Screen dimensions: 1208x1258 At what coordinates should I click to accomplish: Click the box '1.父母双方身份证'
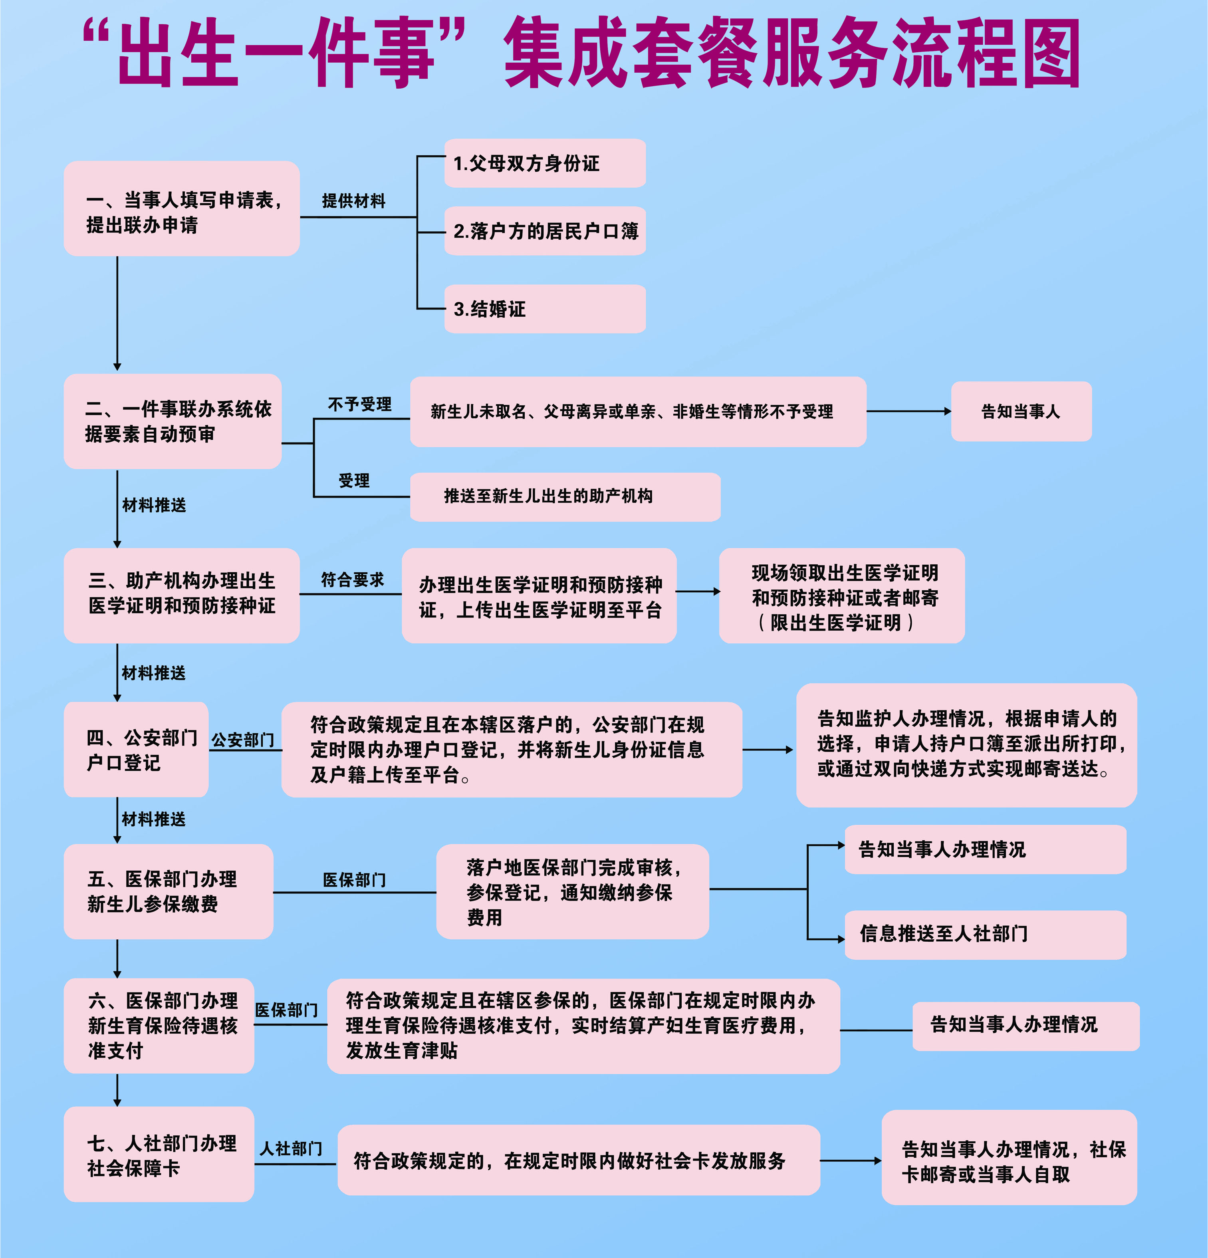(x=545, y=163)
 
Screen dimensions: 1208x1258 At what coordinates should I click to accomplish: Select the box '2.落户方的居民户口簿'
(x=545, y=230)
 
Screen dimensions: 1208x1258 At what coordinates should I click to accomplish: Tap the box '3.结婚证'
(x=545, y=309)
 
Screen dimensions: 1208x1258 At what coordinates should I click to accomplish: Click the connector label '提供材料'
(x=354, y=201)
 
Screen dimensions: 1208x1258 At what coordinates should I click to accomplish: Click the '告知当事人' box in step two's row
(x=1021, y=411)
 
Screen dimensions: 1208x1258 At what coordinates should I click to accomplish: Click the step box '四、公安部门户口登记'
(x=136, y=750)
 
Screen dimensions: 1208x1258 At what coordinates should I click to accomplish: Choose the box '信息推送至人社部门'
(x=985, y=935)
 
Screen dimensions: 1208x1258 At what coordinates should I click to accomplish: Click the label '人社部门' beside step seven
(x=291, y=1148)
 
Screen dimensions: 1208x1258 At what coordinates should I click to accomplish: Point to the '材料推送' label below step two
(x=154, y=505)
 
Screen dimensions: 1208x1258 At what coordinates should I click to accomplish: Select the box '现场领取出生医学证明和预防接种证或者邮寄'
(x=842, y=595)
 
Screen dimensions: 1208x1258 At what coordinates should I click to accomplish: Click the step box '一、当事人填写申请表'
(x=182, y=208)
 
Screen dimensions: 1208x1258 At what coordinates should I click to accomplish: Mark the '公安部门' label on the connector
(x=243, y=740)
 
